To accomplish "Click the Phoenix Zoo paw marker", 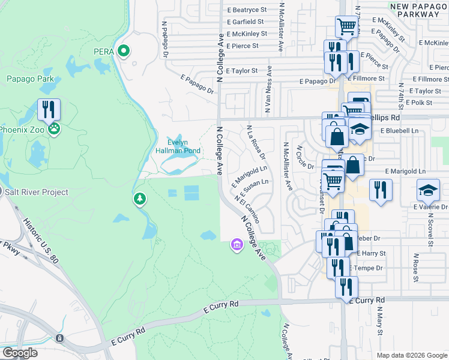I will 55,128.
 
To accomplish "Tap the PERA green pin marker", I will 124,51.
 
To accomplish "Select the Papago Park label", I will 30,79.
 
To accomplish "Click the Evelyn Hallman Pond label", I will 178,146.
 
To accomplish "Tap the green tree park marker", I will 139,198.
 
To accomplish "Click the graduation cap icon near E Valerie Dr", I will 428,190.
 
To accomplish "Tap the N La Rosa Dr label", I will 256,142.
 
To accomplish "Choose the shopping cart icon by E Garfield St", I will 346,26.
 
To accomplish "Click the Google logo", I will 20,352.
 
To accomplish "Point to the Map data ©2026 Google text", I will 411,355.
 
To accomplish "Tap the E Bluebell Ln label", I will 402,130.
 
